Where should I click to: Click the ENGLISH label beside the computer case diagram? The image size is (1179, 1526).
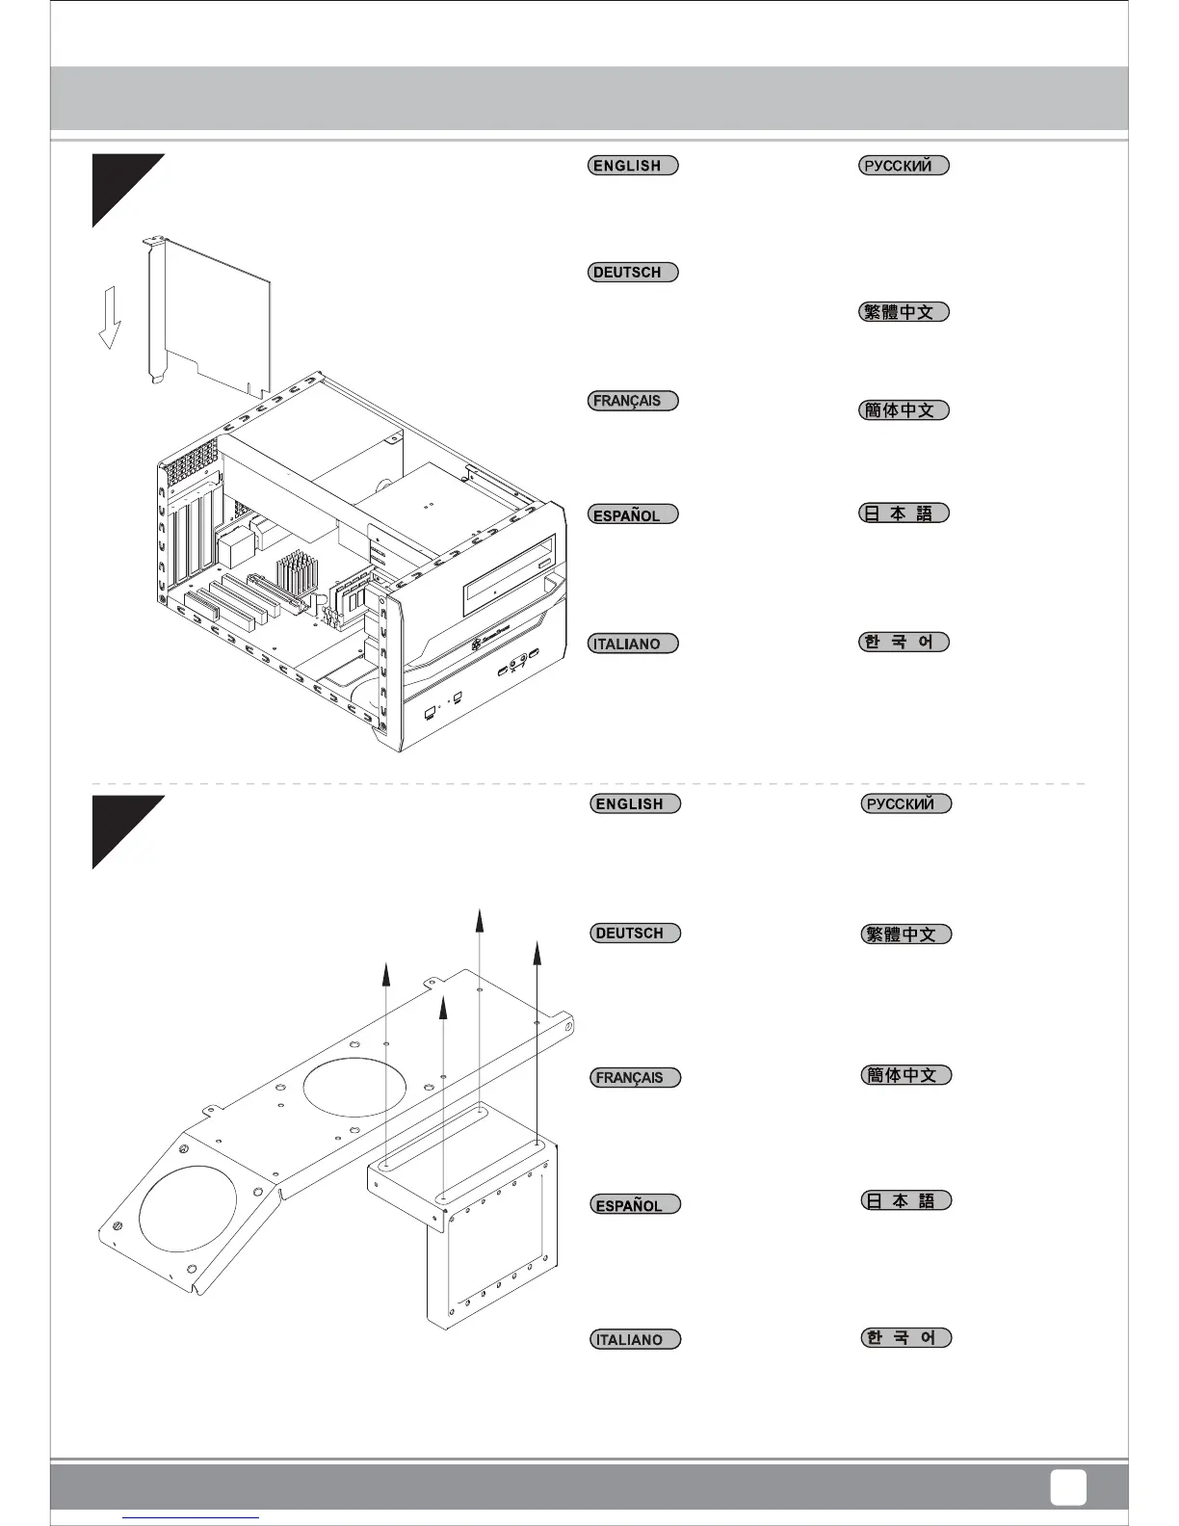pyautogui.click(x=633, y=165)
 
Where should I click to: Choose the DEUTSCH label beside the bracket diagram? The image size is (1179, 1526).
pyautogui.click(x=635, y=933)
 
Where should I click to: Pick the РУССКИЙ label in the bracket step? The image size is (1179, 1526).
pyautogui.click(x=905, y=803)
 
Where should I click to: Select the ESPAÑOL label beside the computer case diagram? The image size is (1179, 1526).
pyautogui.click(x=633, y=514)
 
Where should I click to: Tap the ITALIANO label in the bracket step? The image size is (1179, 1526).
pyautogui.click(x=635, y=1339)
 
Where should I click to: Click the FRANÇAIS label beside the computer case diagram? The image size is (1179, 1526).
pyautogui.click(x=633, y=401)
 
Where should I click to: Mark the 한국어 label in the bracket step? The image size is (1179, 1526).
pyautogui.click(x=905, y=1337)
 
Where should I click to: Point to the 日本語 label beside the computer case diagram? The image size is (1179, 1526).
pyautogui.click(x=904, y=513)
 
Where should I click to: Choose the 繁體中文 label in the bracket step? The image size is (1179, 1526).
pyautogui.click(x=905, y=934)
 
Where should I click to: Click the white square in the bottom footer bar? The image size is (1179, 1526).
pyautogui.click(x=1067, y=1487)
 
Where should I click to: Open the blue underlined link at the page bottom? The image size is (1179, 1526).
pyautogui.click(x=192, y=1517)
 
